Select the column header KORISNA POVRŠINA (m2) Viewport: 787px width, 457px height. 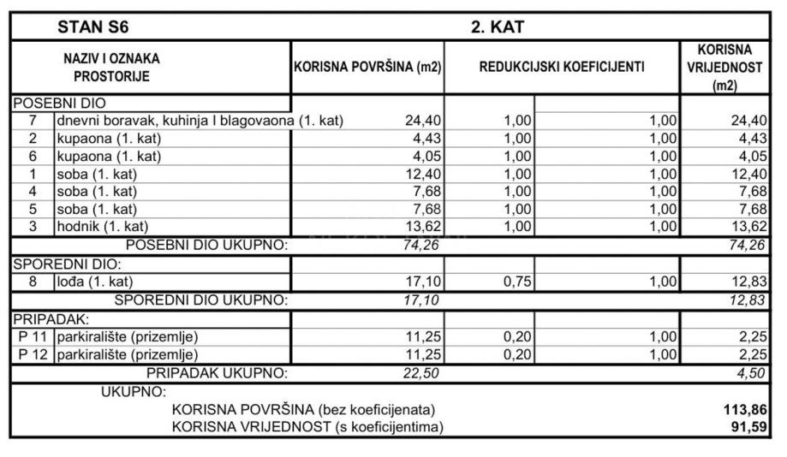pyautogui.click(x=368, y=67)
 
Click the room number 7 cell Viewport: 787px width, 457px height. pyautogui.click(x=32, y=121)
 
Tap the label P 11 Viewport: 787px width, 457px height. pyautogui.click(x=33, y=336)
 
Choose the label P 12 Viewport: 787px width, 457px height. pyautogui.click(x=33, y=354)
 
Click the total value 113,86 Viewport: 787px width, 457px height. pyautogui.click(x=742, y=410)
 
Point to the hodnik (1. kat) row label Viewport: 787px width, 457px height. pyautogui.click(x=103, y=227)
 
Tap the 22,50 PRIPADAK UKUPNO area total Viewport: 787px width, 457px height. pyautogui.click(x=422, y=373)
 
